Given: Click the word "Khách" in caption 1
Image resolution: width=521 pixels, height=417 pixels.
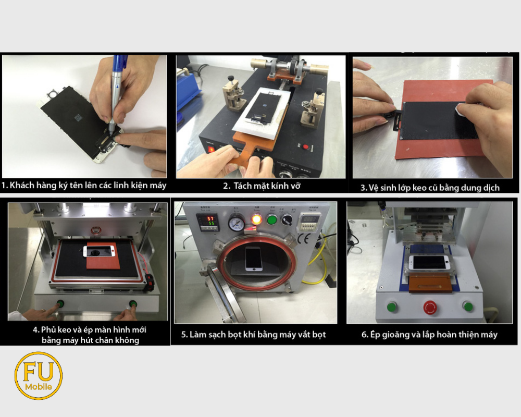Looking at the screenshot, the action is [x=20, y=185].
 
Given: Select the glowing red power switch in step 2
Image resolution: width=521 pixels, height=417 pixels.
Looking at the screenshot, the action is [x=212, y=149].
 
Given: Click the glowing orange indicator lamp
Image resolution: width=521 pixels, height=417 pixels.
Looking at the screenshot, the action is [x=256, y=219].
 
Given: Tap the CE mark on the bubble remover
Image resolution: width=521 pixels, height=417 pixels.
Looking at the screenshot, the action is [x=304, y=239].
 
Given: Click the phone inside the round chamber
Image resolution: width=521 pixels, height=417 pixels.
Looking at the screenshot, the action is [x=254, y=259].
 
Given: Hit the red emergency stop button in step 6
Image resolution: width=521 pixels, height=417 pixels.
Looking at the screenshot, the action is [x=431, y=307].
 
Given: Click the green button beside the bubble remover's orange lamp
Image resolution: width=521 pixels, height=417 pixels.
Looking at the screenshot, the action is [x=272, y=219].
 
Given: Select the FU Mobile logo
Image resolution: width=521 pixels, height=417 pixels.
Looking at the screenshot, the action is [x=39, y=376].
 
